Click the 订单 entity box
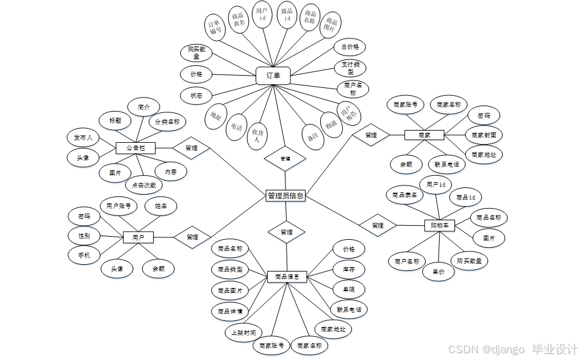click(x=273, y=76)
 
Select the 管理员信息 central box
click(x=286, y=196)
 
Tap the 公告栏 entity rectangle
click(x=135, y=148)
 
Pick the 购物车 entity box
click(x=440, y=226)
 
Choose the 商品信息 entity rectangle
click(x=287, y=277)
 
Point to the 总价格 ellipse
click(x=350, y=46)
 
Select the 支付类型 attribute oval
click(x=350, y=68)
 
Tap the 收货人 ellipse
click(x=257, y=135)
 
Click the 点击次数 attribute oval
click(x=144, y=185)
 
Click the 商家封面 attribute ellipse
click(x=484, y=135)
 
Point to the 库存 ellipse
click(x=349, y=268)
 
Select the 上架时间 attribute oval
click(x=243, y=333)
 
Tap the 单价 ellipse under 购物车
click(x=439, y=272)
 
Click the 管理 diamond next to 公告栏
click(x=192, y=148)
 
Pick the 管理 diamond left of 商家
click(x=371, y=135)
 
